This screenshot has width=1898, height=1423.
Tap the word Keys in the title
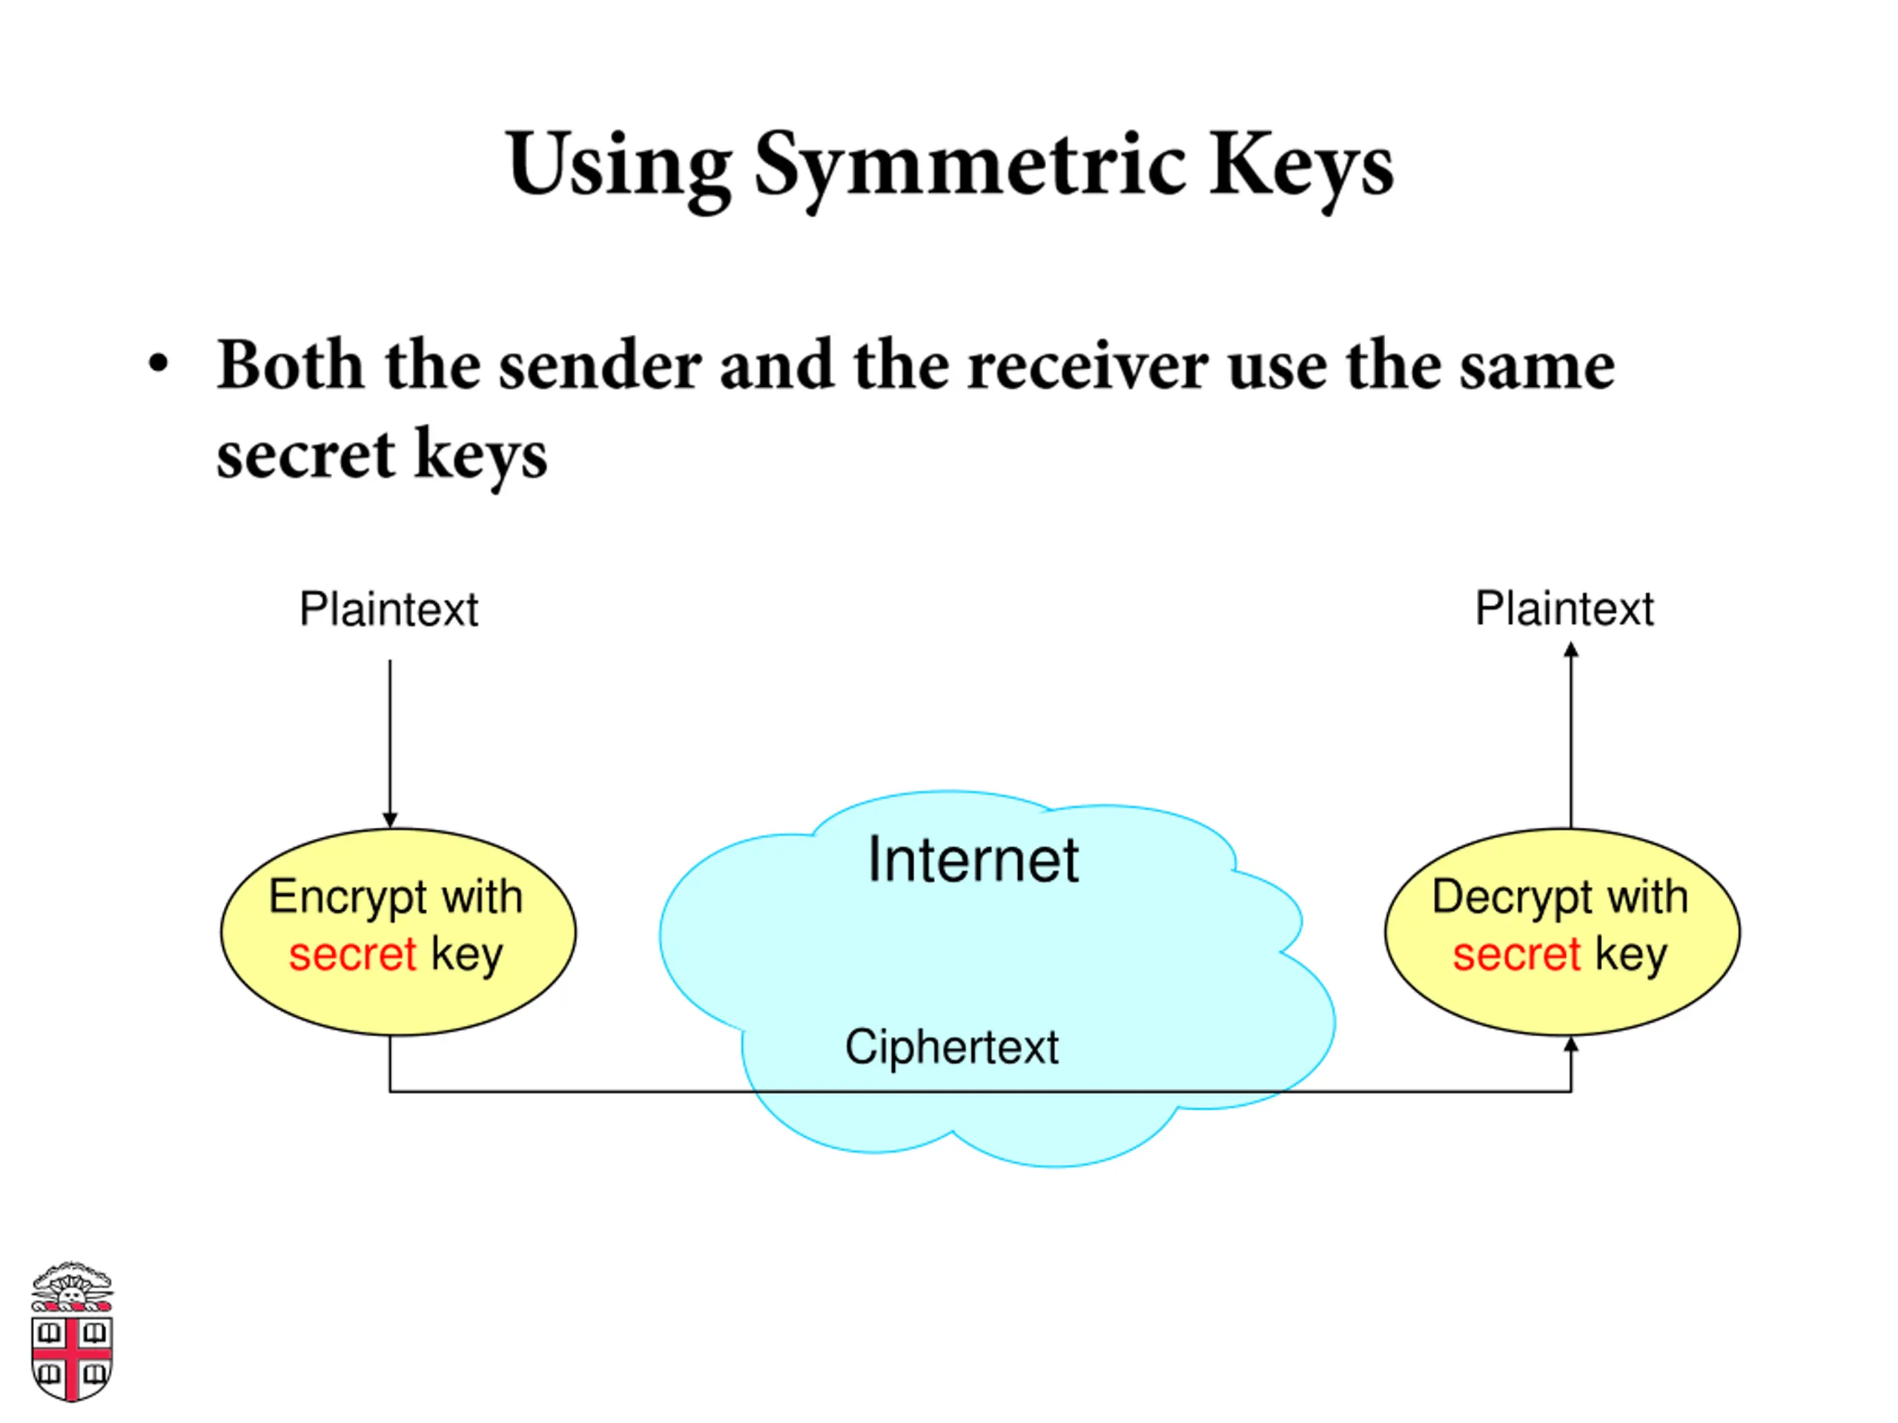pyautogui.click(x=1302, y=167)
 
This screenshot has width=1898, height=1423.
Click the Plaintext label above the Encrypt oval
pyautogui.click(x=388, y=609)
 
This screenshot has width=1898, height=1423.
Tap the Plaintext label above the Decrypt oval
pyautogui.click(x=1564, y=609)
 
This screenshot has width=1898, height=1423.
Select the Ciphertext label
pyautogui.click(x=951, y=1048)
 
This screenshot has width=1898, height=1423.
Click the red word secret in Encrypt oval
pyautogui.click(x=353, y=955)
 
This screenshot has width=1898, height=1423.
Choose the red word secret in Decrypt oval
pyautogui.click(x=1516, y=955)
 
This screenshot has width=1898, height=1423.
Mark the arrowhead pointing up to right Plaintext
pyautogui.click(x=1571, y=650)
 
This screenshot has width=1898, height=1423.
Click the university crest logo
pyautogui.click(x=72, y=1332)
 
